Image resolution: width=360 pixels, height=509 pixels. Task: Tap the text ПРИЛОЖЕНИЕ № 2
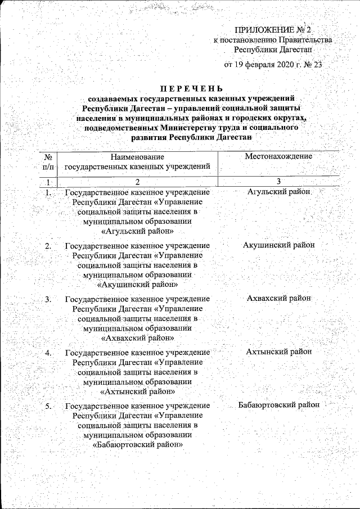click(273, 29)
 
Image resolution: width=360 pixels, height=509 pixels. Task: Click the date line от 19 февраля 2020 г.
click(273, 64)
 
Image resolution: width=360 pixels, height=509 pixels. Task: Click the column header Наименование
click(138, 156)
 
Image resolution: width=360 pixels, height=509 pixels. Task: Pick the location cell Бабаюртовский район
click(278, 404)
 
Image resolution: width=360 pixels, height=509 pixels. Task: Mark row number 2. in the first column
click(49, 245)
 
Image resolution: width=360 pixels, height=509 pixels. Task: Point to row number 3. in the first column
click(49, 299)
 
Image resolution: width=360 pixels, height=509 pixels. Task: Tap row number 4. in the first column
click(49, 352)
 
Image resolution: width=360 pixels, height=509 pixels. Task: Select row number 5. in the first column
click(49, 405)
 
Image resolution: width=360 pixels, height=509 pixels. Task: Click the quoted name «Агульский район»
click(138, 231)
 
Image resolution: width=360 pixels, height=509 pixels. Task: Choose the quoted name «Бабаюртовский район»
click(138, 444)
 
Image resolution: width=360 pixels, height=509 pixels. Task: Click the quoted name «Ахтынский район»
click(138, 391)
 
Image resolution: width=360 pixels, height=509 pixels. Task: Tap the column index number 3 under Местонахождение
click(278, 181)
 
